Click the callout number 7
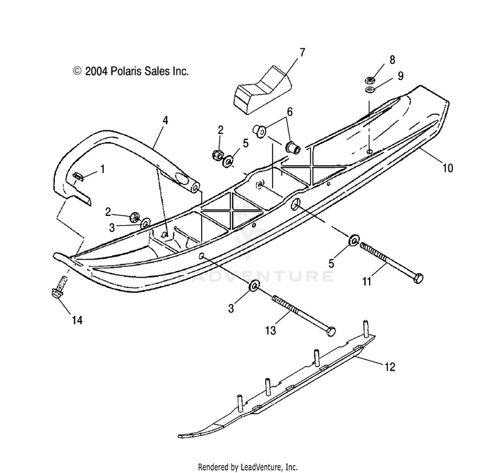point(302,52)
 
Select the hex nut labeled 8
point(370,80)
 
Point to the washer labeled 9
point(370,90)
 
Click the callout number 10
point(447,168)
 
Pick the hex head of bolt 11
point(418,278)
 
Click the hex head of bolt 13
point(331,332)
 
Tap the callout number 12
point(390,367)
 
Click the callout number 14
point(77,320)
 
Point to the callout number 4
point(165,120)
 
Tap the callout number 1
point(102,169)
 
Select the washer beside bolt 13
point(255,285)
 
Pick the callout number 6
point(290,112)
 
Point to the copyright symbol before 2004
point(77,71)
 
